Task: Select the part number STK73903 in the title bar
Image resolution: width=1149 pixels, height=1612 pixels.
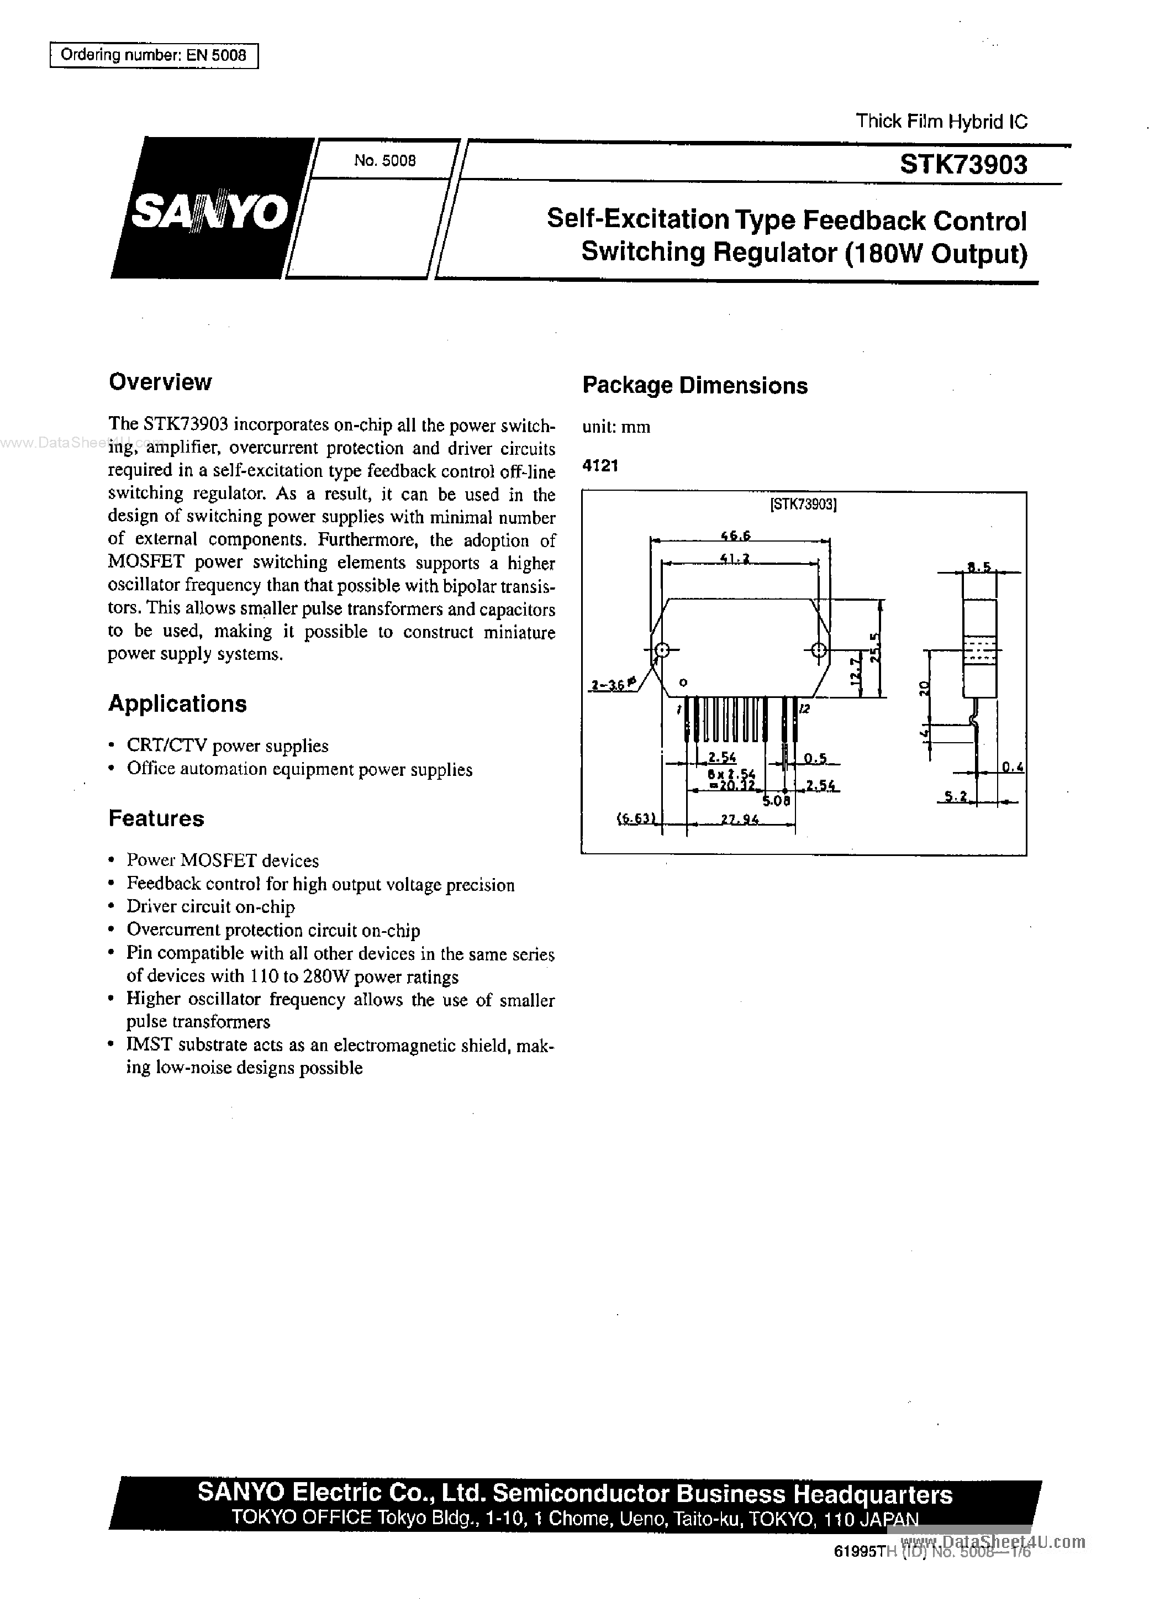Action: pyautogui.click(x=963, y=165)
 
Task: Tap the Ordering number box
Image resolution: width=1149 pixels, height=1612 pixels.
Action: pyautogui.click(x=154, y=55)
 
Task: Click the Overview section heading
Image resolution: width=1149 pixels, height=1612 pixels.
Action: pyautogui.click(x=160, y=382)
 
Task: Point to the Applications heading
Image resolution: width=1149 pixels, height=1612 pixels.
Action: pyautogui.click(x=177, y=703)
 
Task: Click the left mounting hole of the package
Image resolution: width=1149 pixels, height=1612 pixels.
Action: pyautogui.click(x=661, y=650)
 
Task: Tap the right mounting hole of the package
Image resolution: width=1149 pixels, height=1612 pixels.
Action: pyautogui.click(x=818, y=650)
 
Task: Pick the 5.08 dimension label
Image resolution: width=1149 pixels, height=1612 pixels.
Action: pyautogui.click(x=776, y=801)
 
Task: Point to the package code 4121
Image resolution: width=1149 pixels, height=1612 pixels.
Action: pyautogui.click(x=600, y=466)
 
